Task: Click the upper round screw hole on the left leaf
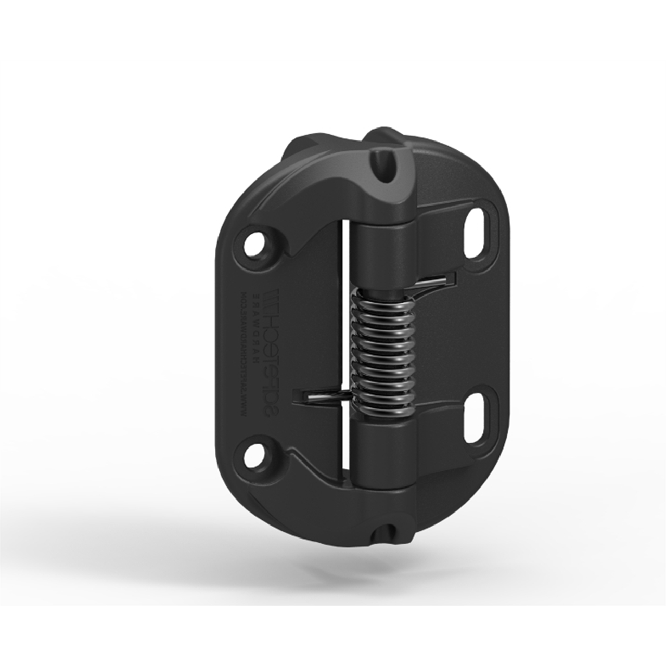pyautogui.click(x=257, y=242)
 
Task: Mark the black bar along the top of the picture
pyautogui.click(x=333, y=29)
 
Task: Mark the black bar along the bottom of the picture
pyautogui.click(x=333, y=637)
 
